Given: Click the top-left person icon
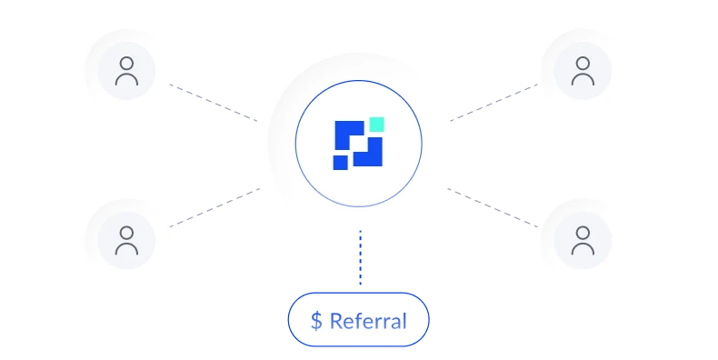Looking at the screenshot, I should click(x=127, y=71).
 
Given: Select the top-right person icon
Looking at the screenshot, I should click(x=583, y=71).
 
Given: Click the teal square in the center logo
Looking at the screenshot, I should click(x=376, y=125).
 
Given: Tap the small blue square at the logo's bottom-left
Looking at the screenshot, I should click(x=341, y=163).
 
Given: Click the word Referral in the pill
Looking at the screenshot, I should click(x=367, y=321).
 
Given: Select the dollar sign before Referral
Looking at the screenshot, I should click(x=316, y=321).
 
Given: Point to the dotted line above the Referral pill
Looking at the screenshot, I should click(x=360, y=264).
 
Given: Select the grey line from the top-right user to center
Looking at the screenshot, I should click(x=495, y=102).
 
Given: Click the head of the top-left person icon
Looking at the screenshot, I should click(x=127, y=64).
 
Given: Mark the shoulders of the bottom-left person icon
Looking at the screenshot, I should click(x=127, y=250).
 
